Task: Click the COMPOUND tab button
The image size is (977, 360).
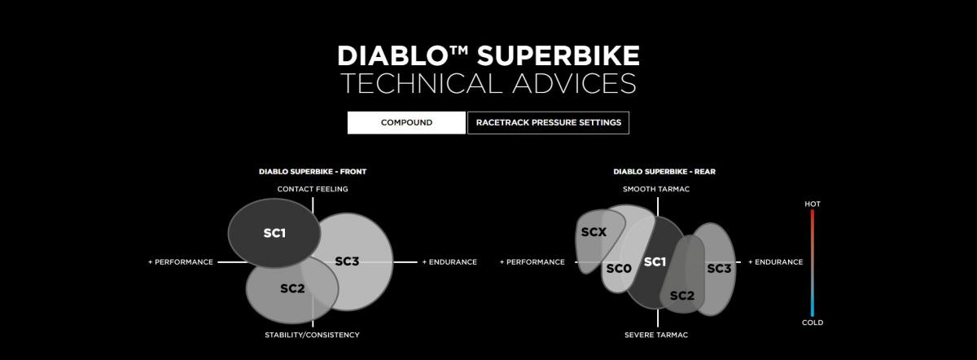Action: tap(406, 123)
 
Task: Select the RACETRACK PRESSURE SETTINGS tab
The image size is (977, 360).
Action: tap(548, 123)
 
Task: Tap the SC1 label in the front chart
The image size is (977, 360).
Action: tap(274, 233)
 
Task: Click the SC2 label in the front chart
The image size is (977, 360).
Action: tap(292, 288)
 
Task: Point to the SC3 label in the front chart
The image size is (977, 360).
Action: tap(347, 261)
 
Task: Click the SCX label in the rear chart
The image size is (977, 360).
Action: tap(594, 232)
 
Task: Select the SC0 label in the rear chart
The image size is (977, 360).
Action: tap(619, 268)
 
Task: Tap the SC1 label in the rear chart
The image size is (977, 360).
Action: tap(655, 261)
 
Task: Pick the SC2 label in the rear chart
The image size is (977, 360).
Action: tap(681, 296)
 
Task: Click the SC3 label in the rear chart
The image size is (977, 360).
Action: tap(719, 268)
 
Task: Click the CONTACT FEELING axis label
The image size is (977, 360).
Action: tap(313, 189)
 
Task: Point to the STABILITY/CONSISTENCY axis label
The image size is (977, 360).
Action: tap(313, 335)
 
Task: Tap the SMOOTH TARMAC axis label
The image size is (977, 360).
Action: tap(656, 189)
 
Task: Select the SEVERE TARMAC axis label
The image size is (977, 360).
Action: tap(656, 335)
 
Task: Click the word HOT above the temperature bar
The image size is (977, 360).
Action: tap(813, 204)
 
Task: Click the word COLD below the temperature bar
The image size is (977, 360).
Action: tap(813, 323)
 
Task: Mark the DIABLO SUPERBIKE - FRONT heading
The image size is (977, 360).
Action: tap(313, 172)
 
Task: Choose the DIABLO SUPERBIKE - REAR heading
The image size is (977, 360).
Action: tap(664, 172)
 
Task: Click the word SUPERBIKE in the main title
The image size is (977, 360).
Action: tap(558, 56)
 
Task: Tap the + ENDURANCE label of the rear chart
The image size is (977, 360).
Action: tap(775, 261)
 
